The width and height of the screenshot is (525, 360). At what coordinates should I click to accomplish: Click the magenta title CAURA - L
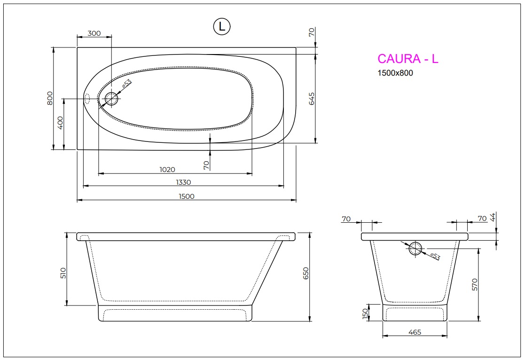pos(407,59)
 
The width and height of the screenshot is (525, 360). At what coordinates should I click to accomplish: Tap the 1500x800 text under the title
pos(395,73)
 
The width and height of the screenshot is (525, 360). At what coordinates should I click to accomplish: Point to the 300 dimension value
pos(94,33)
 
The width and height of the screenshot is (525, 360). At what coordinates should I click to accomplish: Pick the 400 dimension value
pos(60,124)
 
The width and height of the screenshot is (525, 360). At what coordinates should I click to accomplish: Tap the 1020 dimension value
pos(167,170)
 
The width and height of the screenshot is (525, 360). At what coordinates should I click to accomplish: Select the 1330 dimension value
pos(183,182)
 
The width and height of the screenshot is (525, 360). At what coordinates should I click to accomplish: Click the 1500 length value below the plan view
pos(186,196)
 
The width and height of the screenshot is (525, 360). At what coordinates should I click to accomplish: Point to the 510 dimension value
pos(63,273)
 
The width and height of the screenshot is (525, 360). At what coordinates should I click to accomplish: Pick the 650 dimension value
pos(305,274)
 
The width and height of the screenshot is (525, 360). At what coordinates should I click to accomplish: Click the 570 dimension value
pos(474,285)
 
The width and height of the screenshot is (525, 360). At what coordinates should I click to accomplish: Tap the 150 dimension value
pos(365,313)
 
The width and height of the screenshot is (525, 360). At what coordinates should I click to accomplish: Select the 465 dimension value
pos(415,332)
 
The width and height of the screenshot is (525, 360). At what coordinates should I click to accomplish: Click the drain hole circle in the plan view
pos(112,99)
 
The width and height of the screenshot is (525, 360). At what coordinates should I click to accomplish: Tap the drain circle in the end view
pos(415,249)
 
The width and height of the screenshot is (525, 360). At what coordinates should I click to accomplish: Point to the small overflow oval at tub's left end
pos(86,99)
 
